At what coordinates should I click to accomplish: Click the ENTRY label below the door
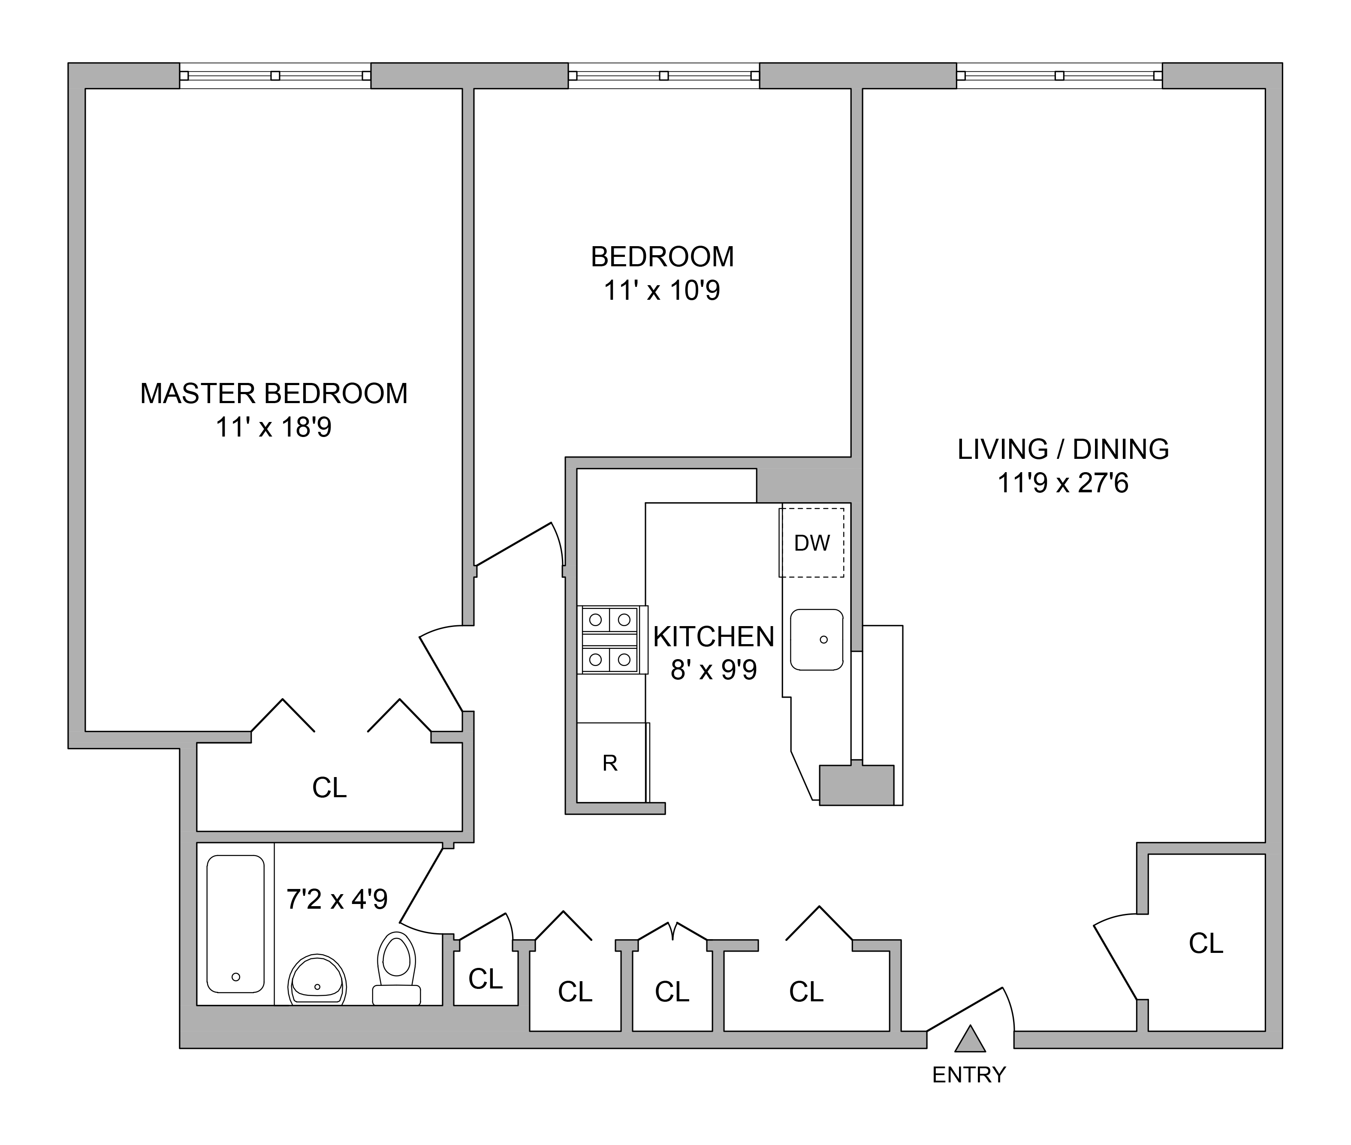pos(968,1075)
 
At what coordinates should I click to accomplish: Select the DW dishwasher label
pos(811,542)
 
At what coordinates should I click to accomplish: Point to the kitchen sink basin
pos(816,639)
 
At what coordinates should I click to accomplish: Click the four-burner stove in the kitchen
pos(610,639)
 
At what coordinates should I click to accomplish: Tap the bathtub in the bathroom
pos(235,924)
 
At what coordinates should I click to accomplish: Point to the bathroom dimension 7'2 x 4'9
pos(337,899)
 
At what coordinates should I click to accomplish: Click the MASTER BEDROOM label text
pos(274,393)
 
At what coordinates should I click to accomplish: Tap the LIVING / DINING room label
pos(1063,449)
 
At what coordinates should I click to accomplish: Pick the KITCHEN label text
pos(714,637)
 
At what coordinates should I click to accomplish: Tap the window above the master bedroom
pos(275,75)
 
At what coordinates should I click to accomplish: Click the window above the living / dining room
pos(1059,75)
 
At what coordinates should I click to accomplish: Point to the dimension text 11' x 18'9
pos(274,427)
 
